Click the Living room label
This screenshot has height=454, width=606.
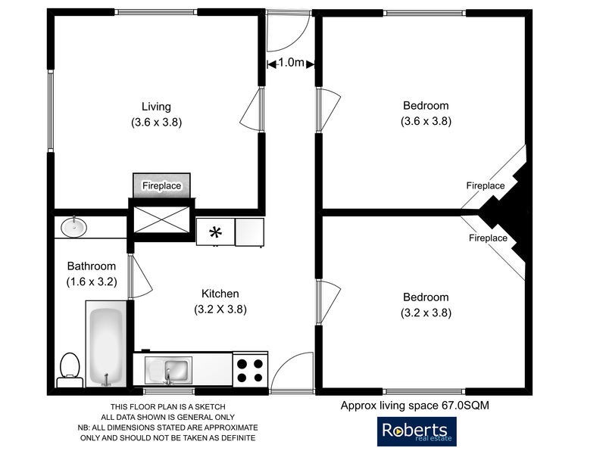156,106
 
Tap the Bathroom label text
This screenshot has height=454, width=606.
92,266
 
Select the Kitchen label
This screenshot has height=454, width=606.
220,294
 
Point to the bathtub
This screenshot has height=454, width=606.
105,344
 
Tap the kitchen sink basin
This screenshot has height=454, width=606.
176,370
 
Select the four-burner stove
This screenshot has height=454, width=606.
250,369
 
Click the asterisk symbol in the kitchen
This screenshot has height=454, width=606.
215,232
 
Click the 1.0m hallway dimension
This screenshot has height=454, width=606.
291,64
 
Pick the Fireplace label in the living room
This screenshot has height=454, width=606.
161,185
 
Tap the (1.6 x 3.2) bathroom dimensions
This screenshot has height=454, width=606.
91,281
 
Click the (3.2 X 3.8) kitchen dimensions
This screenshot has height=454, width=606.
220,309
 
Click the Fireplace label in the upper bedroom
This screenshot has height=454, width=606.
485,185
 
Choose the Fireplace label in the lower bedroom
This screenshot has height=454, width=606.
488,238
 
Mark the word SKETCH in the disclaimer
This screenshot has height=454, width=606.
209,407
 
